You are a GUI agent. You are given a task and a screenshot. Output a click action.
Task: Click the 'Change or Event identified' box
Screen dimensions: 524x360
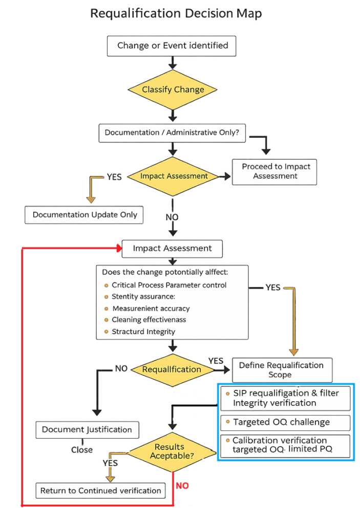pyautogui.click(x=172, y=46)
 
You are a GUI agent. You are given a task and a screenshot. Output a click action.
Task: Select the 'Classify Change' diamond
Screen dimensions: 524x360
pyautogui.click(x=173, y=90)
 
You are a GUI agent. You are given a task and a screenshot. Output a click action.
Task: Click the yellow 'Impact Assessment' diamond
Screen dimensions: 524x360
pyautogui.click(x=174, y=176)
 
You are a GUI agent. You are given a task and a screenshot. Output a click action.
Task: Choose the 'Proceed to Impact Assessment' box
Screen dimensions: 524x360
pyautogui.click(x=274, y=171)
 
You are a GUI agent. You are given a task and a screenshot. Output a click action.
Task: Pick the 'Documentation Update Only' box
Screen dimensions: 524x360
pyautogui.click(x=84, y=215)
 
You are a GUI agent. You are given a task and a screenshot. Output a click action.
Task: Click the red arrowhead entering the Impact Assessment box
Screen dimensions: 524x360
pyautogui.click(x=119, y=249)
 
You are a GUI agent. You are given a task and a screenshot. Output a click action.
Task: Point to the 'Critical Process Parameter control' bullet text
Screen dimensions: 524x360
pyautogui.click(x=169, y=285)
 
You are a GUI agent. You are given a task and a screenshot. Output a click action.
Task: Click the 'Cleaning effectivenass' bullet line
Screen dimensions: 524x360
pyautogui.click(x=149, y=320)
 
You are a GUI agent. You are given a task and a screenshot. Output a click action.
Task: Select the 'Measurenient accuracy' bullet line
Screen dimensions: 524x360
pyautogui.click(x=151, y=309)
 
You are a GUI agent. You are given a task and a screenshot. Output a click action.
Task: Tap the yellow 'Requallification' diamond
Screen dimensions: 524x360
pyautogui.click(x=172, y=369)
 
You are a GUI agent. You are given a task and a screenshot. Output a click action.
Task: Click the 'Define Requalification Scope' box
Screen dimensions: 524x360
pyautogui.click(x=281, y=369)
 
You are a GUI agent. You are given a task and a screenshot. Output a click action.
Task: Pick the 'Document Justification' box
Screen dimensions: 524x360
pyautogui.click(x=87, y=430)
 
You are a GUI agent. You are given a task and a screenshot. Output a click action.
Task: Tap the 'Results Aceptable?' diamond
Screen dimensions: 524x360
pyautogui.click(x=170, y=451)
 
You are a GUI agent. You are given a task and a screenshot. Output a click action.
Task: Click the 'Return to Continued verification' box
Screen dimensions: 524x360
pyautogui.click(x=100, y=491)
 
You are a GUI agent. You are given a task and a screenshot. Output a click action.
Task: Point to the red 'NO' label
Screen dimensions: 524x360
pyautogui.click(x=182, y=486)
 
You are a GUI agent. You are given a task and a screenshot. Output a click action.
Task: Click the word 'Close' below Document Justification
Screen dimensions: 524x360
pyautogui.click(x=82, y=450)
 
